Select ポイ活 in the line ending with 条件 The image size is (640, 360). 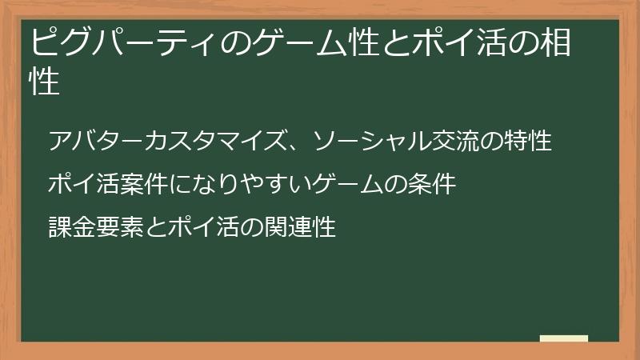pos(84,185)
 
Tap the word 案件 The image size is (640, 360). pos(143,185)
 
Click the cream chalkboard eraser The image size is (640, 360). pos(563,338)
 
